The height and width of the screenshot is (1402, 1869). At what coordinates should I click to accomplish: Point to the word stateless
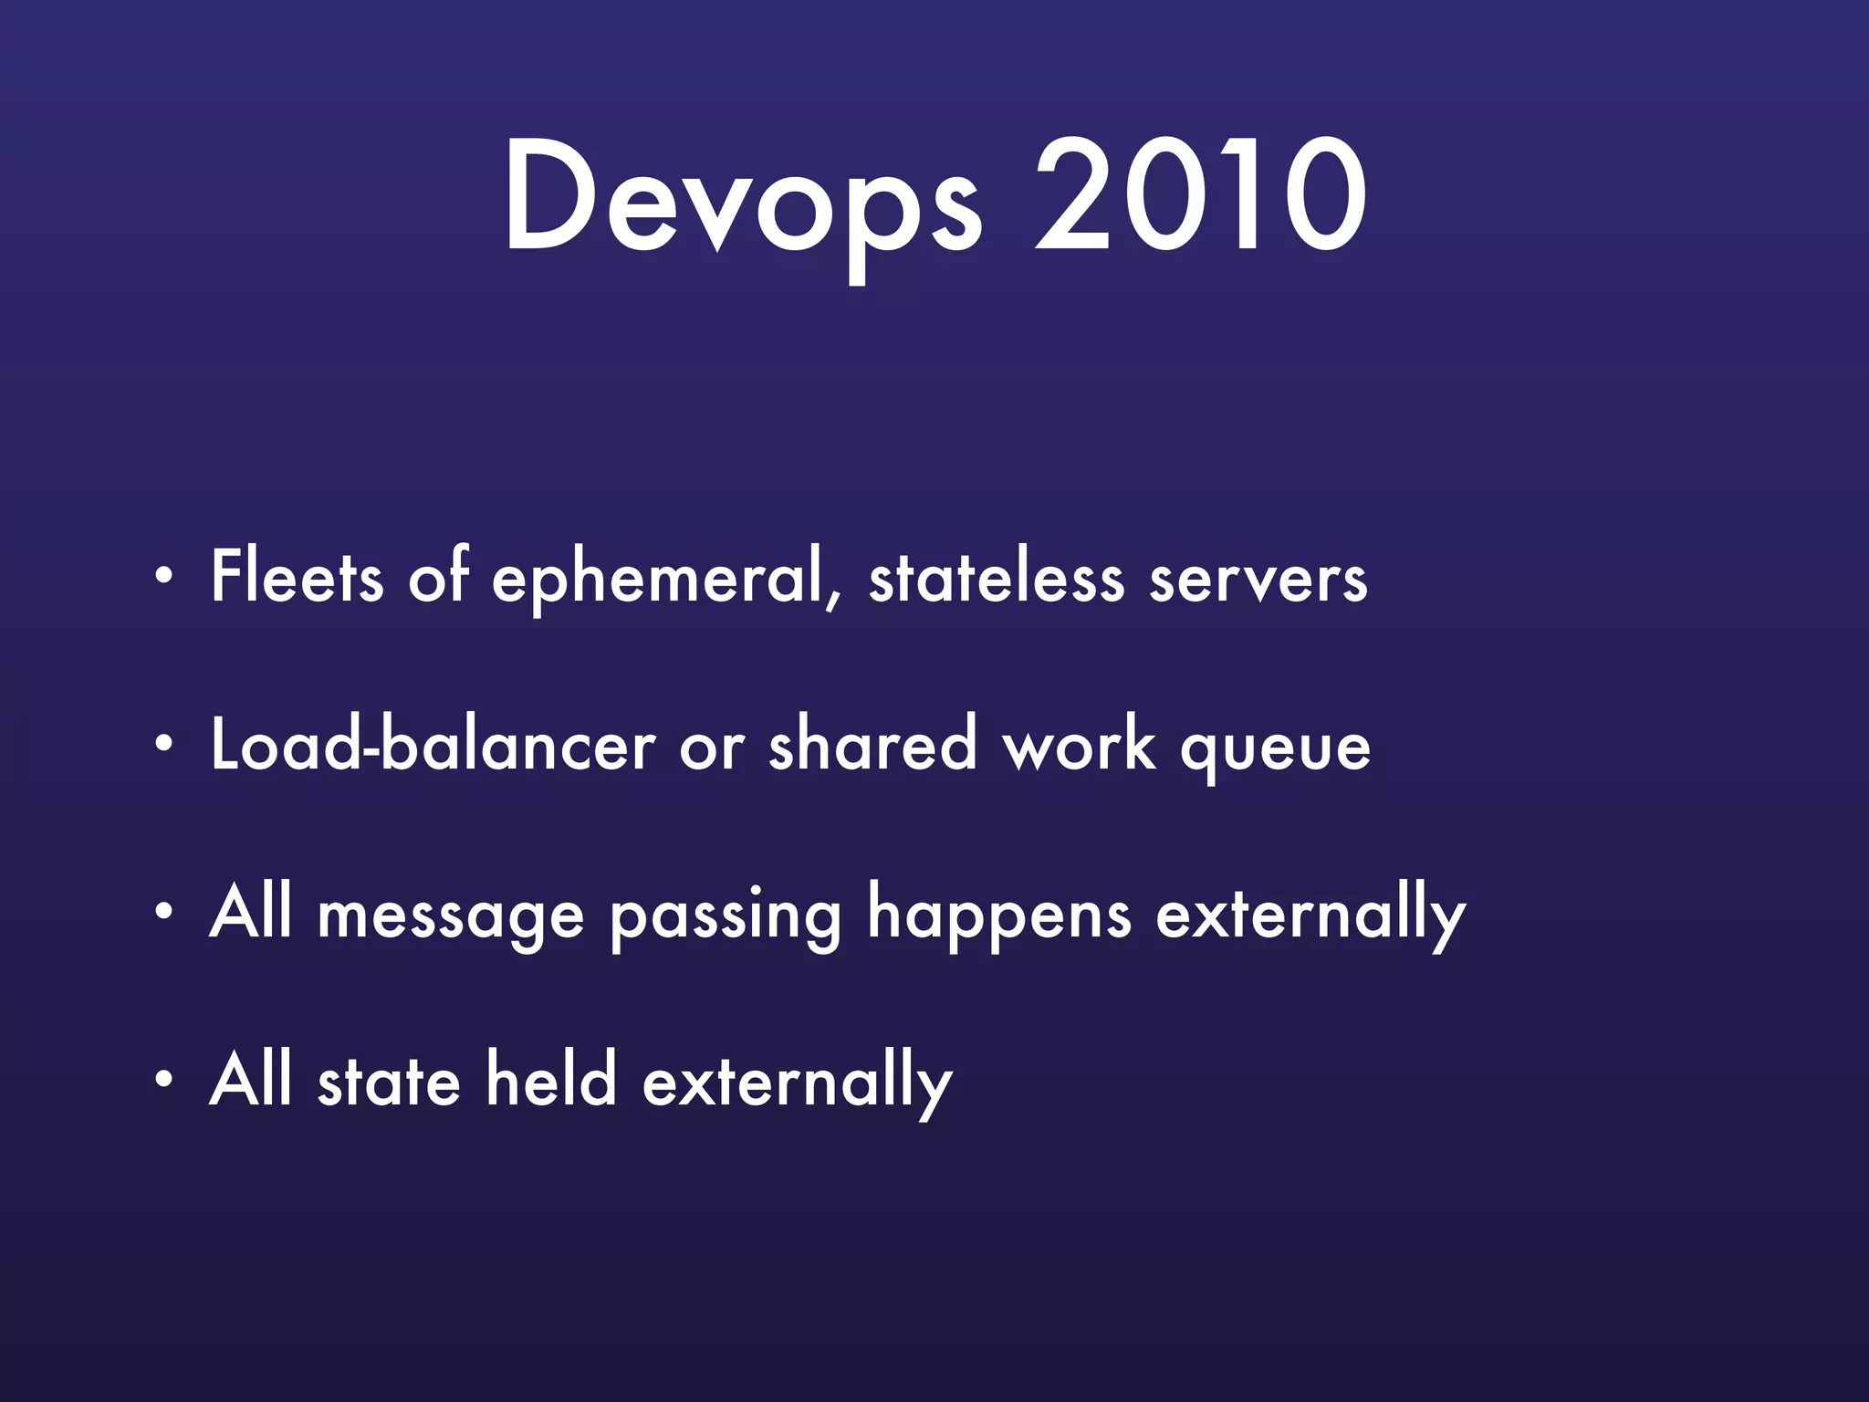pos(996,577)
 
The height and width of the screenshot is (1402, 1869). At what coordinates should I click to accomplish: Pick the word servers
pos(1258,580)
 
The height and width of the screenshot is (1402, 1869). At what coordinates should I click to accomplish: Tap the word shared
pos(872,744)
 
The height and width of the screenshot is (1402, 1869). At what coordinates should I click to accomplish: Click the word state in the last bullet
pos(389,1082)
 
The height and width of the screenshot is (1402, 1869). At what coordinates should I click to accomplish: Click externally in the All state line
pos(797,1083)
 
